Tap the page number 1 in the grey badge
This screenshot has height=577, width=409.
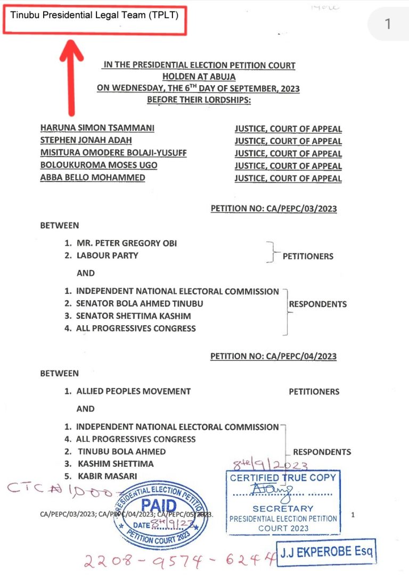tap(388, 24)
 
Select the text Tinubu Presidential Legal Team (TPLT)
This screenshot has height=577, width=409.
tap(94, 15)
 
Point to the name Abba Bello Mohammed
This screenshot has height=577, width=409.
tap(93, 177)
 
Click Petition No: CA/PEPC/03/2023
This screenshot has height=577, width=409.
tap(274, 209)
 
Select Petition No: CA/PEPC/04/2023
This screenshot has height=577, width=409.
tap(273, 356)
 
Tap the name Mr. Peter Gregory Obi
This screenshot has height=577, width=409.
tap(127, 243)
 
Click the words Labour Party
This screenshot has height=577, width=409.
tap(107, 255)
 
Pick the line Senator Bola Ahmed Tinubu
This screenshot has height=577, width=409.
tap(140, 303)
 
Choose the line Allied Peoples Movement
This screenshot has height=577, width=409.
tap(133, 391)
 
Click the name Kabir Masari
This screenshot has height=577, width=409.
tap(107, 476)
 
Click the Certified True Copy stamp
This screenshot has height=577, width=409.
tap(283, 502)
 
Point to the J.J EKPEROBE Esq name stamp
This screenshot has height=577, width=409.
tap(326, 551)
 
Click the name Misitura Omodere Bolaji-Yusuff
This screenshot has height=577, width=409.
tap(113, 153)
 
